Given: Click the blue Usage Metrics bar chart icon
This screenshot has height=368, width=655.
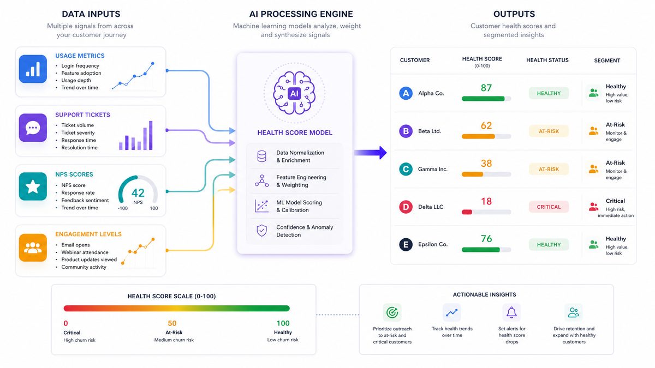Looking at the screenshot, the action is pos(33,69).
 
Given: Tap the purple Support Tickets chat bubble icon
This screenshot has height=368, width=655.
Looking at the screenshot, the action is pos(33,128).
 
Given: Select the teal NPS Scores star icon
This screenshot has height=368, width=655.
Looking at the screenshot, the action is pos(33,186).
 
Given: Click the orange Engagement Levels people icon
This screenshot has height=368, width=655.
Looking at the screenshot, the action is pos(33,248).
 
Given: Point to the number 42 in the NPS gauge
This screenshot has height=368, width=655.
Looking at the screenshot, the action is pos(138,193).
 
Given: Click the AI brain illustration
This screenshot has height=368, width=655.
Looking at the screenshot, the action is pos(294,93).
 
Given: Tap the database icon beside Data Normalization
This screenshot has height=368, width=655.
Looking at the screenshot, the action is pos(261,156).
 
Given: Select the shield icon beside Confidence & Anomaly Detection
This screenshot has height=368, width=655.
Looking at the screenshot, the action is pos(261,231).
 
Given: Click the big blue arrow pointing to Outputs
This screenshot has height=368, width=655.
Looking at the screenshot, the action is pos(370,153).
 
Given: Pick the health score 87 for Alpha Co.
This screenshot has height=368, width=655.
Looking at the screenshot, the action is pos(486,88).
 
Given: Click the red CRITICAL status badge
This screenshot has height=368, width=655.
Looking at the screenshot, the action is pos(549,207).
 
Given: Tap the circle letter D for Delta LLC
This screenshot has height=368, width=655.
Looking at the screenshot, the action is pos(406,207).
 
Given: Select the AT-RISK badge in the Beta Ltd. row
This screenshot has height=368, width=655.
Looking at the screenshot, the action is pos(549,131).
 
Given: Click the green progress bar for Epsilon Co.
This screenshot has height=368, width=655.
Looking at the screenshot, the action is pos(480,250).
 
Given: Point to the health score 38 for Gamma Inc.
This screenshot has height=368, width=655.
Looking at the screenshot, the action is pos(486,163).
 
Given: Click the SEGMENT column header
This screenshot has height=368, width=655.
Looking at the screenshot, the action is pos(607,61).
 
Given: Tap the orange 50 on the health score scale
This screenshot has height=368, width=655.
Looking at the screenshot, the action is pos(172,323).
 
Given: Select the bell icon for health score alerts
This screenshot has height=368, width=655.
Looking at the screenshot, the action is pos(511,312).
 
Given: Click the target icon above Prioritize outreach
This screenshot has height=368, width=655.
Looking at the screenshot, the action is pos(392,312).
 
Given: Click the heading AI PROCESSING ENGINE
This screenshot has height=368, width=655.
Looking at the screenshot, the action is pos(301,14).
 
